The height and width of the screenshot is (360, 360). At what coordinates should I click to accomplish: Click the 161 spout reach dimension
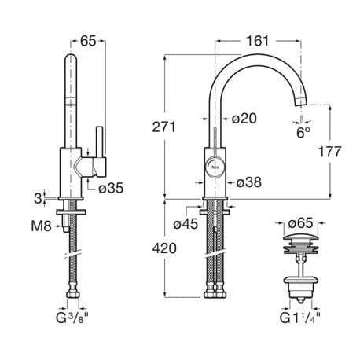click(x=258, y=41)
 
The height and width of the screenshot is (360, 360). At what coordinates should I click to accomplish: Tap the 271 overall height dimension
click(x=164, y=127)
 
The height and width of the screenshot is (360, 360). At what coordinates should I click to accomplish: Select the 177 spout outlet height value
click(x=329, y=152)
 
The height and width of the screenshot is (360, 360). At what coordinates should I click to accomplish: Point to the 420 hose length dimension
click(x=164, y=248)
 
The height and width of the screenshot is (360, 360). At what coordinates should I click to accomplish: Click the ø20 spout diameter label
click(x=244, y=119)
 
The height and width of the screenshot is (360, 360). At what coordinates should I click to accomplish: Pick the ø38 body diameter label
click(x=249, y=182)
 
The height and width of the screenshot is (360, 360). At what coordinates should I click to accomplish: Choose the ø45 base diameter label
click(x=186, y=224)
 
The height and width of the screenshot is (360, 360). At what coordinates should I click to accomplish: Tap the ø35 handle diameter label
click(x=111, y=188)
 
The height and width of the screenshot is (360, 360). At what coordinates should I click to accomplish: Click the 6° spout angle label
click(x=303, y=133)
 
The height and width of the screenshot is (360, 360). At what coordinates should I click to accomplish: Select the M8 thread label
click(x=42, y=226)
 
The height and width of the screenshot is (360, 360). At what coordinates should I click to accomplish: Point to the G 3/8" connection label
click(x=72, y=318)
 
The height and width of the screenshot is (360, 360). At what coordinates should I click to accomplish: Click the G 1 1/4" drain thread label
click(x=300, y=318)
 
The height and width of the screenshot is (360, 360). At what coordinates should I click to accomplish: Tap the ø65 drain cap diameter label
click(x=300, y=223)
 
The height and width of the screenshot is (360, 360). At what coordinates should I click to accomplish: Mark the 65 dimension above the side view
click(x=88, y=41)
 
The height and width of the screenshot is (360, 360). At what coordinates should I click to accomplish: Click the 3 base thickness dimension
click(x=38, y=199)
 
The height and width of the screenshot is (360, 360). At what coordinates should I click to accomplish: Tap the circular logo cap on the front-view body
click(x=215, y=167)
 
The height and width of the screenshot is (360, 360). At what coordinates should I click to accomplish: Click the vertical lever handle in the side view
click(x=100, y=142)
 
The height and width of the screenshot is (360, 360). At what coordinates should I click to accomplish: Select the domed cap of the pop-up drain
click(x=301, y=239)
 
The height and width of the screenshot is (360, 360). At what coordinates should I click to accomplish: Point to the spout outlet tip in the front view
click(x=301, y=104)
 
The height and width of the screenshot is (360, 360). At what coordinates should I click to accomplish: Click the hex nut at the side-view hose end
click(x=73, y=295)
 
